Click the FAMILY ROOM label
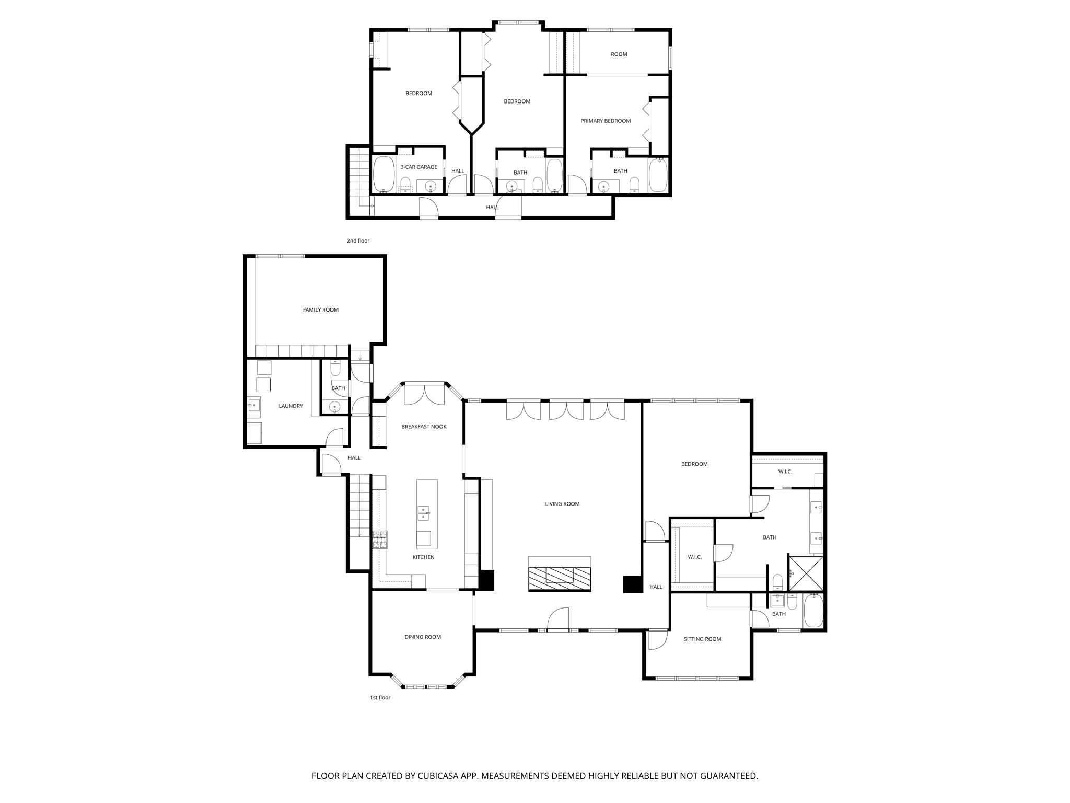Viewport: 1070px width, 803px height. point(320,310)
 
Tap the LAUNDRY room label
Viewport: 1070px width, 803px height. point(290,406)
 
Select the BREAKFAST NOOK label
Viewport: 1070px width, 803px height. point(424,427)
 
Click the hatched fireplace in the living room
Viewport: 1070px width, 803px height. point(560,577)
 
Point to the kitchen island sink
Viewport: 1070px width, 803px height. point(423,513)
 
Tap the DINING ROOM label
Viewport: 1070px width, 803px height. point(423,637)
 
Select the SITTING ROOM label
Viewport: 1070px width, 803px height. point(702,639)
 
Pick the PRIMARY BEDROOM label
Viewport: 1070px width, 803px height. point(606,121)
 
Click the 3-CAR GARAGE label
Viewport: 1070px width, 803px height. point(418,167)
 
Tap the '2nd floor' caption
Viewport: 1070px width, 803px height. point(358,241)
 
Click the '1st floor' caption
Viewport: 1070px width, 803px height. point(380,697)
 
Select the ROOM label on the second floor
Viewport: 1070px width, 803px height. point(619,54)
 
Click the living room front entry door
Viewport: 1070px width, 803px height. point(558,620)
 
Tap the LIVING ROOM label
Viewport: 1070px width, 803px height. point(562,504)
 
